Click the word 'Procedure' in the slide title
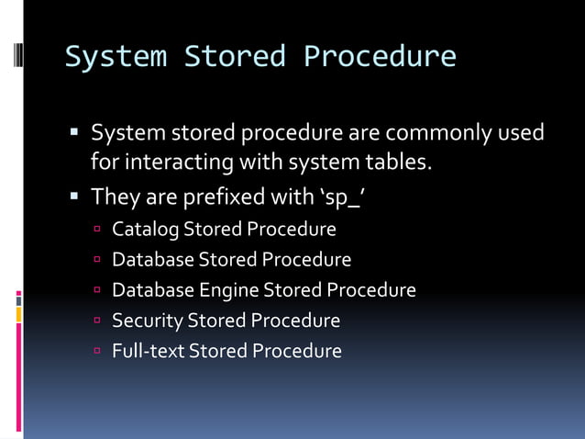point(380,57)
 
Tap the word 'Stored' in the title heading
point(234,57)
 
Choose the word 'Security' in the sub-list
point(148,321)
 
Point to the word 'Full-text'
point(149,351)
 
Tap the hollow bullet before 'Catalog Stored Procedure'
point(97,229)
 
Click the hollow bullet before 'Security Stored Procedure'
point(97,321)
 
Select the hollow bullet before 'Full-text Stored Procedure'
point(97,352)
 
